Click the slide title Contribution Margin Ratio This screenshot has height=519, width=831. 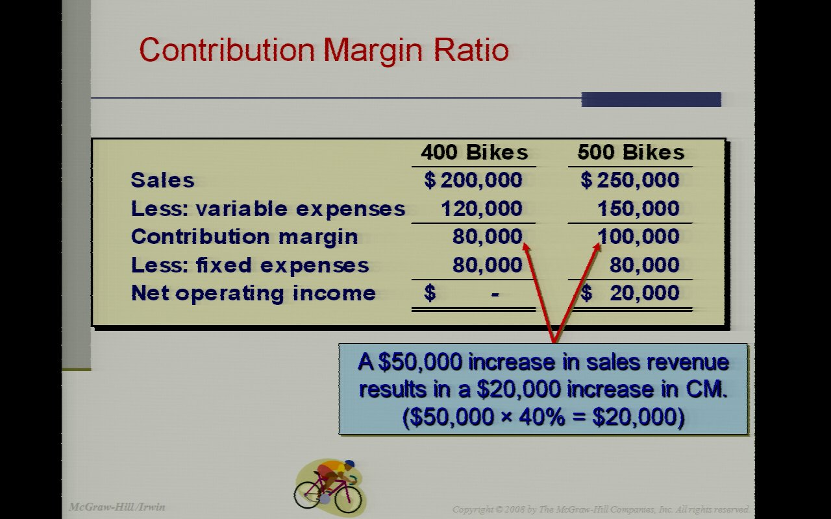coord(323,50)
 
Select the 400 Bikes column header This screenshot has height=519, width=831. coord(474,152)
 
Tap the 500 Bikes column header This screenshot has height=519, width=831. coord(630,152)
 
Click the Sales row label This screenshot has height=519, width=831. coord(162,180)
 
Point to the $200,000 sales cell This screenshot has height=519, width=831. coord(473,180)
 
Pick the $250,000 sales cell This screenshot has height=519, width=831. coord(630,180)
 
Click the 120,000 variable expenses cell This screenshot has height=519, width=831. coord(481,208)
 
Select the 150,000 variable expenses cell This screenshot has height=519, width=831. coord(638,208)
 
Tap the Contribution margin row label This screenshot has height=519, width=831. coord(244,236)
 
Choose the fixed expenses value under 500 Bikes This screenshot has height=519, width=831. coord(645,265)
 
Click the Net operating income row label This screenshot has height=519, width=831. coord(253,293)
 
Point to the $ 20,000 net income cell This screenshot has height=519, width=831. coord(630,293)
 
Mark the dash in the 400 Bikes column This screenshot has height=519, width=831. coord(495,294)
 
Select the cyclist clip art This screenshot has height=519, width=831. coord(329,487)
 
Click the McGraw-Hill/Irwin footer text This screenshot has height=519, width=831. coord(117,507)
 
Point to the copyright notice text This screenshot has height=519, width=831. coord(601,509)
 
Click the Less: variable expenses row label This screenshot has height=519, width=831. coord(267,208)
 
